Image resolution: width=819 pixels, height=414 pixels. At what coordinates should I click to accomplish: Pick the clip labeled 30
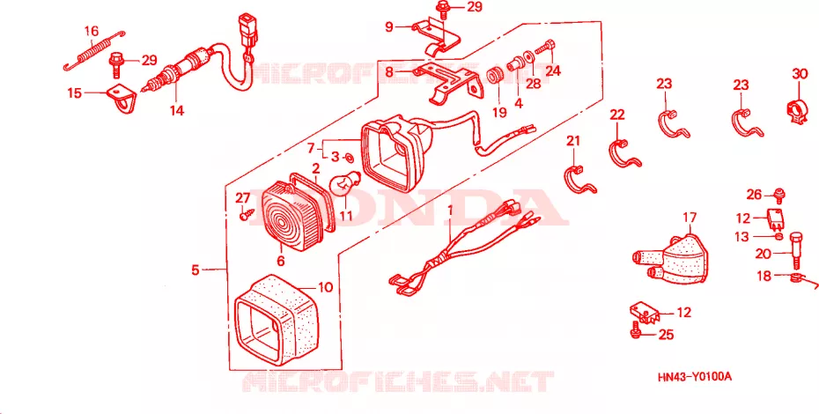(799, 107)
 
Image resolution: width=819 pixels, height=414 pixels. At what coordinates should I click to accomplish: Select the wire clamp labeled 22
(624, 154)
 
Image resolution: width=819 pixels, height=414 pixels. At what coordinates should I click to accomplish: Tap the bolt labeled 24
(545, 51)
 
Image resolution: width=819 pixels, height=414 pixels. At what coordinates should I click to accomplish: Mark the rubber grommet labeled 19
(494, 77)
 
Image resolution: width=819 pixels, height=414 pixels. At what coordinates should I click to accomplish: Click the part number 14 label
(177, 110)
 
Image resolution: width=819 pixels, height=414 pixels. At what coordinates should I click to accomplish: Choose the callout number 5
(196, 270)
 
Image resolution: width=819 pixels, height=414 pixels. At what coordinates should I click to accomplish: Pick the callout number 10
(325, 287)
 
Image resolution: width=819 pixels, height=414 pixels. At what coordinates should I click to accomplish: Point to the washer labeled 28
(528, 55)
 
